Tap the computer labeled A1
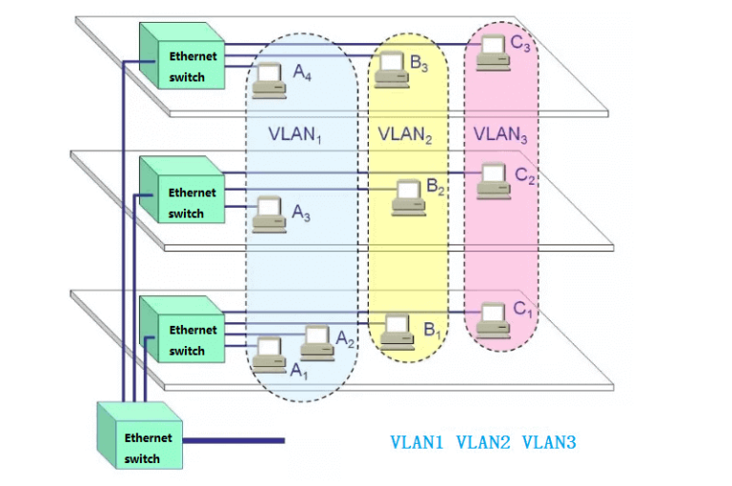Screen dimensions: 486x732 pos(268,353)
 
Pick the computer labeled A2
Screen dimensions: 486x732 pos(317,341)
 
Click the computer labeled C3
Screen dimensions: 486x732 pos(493,51)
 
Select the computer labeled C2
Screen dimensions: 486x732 pos(493,179)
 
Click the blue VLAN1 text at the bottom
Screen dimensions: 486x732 pos(417,442)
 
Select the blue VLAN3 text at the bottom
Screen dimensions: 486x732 pos(549,442)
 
